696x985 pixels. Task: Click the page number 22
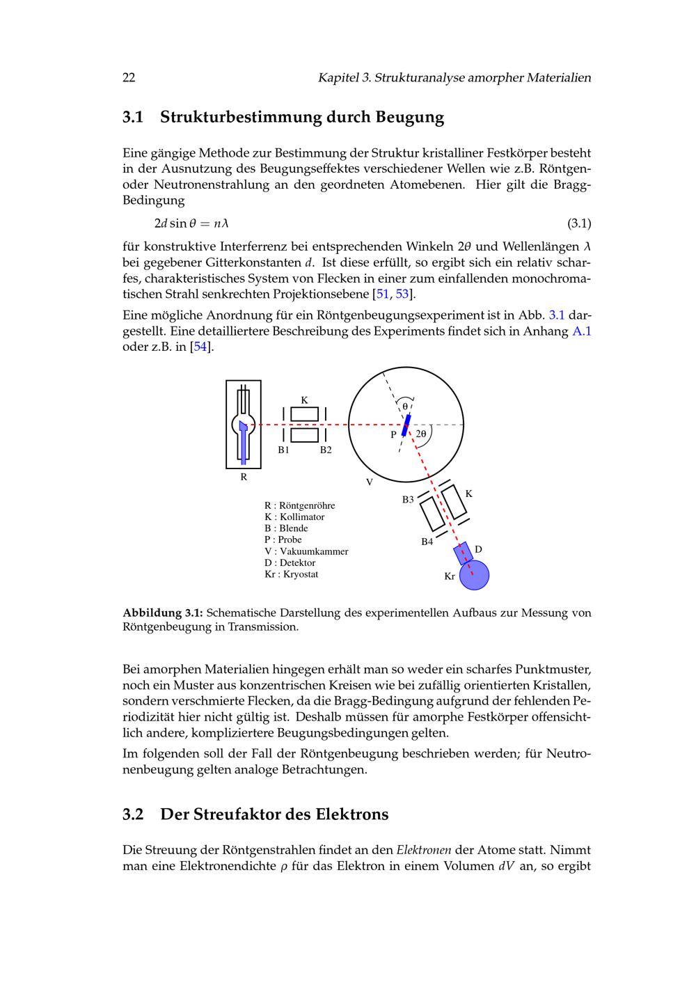[129, 77]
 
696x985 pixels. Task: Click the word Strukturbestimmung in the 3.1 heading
[241, 117]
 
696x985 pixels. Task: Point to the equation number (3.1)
[579, 223]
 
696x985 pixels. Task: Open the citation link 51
[382, 294]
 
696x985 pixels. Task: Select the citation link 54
[201, 347]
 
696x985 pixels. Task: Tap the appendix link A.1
[581, 331]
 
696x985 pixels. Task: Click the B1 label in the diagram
[283, 450]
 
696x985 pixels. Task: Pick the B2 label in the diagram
[326, 450]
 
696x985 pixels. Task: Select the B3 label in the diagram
[408, 499]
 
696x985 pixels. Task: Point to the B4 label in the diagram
[427, 541]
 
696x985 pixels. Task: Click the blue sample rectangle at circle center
[406, 425]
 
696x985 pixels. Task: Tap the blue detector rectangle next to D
[462, 553]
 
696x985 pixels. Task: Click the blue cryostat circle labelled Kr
[474, 575]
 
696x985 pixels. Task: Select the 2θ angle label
[421, 434]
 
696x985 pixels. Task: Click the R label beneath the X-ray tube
[244, 478]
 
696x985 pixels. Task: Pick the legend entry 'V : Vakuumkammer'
[306, 551]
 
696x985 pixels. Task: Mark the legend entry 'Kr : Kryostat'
[291, 574]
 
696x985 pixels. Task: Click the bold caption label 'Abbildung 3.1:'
[163, 613]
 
